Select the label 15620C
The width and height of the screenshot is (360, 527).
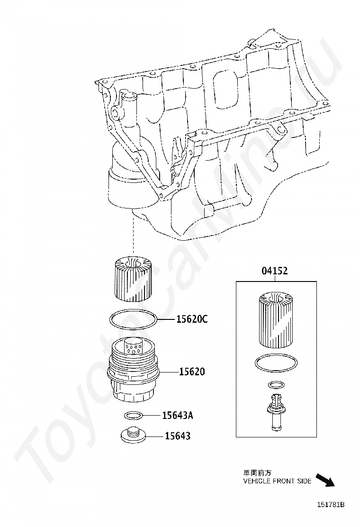point(192,319)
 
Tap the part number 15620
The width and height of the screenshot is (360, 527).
point(192,372)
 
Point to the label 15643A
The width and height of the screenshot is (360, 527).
point(178,416)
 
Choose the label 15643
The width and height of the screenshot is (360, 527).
point(178,436)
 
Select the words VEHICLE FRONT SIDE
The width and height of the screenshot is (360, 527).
point(277,481)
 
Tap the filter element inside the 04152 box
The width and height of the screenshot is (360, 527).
point(276,320)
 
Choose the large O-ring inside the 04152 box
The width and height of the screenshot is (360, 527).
point(276,363)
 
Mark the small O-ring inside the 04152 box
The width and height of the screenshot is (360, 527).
point(276,384)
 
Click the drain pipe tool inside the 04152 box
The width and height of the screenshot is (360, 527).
point(276,411)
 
